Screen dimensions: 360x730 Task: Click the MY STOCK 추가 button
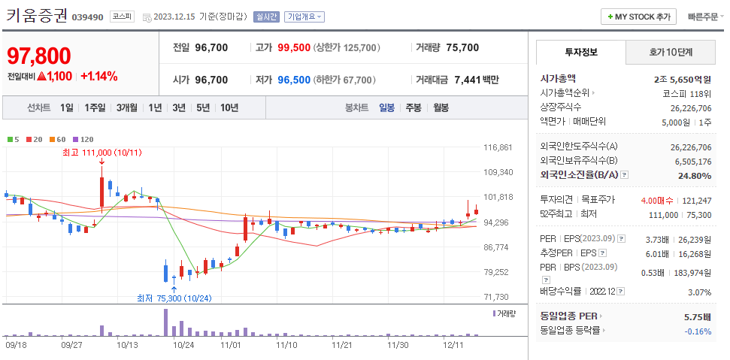(x=639, y=17)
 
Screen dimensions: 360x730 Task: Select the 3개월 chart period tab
(x=127, y=107)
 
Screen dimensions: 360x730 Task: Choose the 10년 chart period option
(x=229, y=107)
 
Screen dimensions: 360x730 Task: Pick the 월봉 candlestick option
(x=441, y=107)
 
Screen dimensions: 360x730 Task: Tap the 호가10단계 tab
(x=671, y=52)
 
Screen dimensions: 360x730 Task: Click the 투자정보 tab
(x=580, y=52)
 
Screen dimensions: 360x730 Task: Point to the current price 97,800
(x=39, y=56)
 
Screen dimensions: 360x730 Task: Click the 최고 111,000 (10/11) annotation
(x=101, y=153)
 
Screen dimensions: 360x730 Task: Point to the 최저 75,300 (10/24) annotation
(x=174, y=298)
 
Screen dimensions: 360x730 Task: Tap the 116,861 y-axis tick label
(x=498, y=147)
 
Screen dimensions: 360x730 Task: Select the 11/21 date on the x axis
(x=342, y=345)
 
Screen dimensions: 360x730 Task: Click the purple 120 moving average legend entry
(x=83, y=140)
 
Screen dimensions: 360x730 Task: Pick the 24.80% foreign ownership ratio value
(x=693, y=175)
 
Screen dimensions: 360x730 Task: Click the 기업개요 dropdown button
(x=305, y=17)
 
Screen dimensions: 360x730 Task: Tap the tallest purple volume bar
(x=165, y=322)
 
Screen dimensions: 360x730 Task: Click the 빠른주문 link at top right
(x=702, y=17)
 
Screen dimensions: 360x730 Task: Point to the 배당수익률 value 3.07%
(x=699, y=292)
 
